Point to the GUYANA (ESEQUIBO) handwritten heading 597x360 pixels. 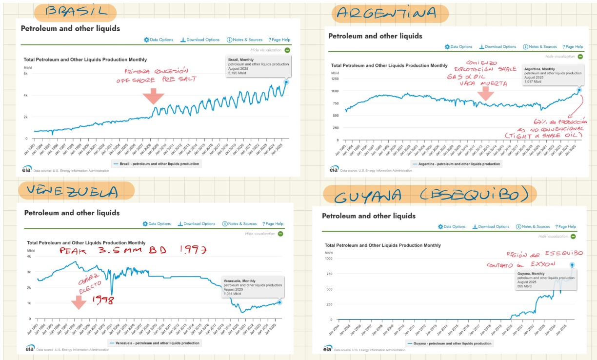click(x=429, y=195)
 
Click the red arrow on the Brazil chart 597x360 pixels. click(x=153, y=96)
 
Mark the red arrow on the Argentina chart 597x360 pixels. click(x=485, y=93)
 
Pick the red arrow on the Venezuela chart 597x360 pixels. click(x=79, y=303)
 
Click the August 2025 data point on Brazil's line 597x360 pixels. click(x=286, y=82)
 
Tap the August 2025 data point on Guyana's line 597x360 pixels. click(x=572, y=265)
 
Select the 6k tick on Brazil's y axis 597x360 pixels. click(x=26, y=74)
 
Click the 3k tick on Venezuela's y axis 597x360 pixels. click(x=29, y=272)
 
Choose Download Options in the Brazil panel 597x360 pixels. click(x=200, y=40)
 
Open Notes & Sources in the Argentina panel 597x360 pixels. click(x=539, y=47)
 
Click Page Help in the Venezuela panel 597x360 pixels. click(x=273, y=224)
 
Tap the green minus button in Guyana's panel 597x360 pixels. click(x=573, y=236)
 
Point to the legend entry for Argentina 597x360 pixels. click(x=456, y=164)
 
